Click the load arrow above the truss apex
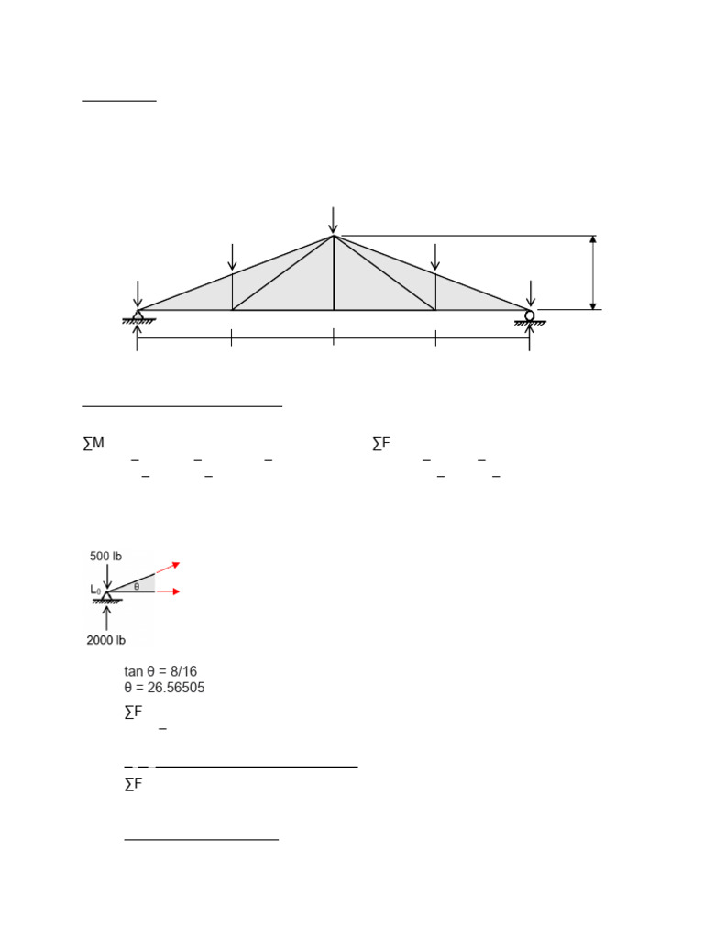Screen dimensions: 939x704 pyautogui.click(x=334, y=220)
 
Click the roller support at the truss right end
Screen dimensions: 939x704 pyautogui.click(x=530, y=316)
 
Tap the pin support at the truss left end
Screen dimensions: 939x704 pyautogui.click(x=137, y=316)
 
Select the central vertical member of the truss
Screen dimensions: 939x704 pyautogui.click(x=334, y=273)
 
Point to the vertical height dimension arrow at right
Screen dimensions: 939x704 pyautogui.click(x=593, y=272)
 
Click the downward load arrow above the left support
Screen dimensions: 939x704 pyautogui.click(x=137, y=294)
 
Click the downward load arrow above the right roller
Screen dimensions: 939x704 pyautogui.click(x=530, y=294)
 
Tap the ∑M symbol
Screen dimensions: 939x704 pyautogui.click(x=93, y=444)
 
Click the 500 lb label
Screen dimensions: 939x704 pyautogui.click(x=105, y=556)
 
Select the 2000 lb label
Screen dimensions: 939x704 pyautogui.click(x=106, y=640)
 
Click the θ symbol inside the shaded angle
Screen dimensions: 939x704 pyautogui.click(x=137, y=585)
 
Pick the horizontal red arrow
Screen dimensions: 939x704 pyautogui.click(x=168, y=591)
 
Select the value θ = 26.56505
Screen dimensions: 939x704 pyautogui.click(x=164, y=688)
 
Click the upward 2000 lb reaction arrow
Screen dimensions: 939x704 pyautogui.click(x=107, y=617)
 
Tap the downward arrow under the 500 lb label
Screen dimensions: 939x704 pyautogui.click(x=107, y=576)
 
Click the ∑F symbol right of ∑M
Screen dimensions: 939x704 pyautogui.click(x=381, y=444)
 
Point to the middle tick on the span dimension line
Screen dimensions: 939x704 pyautogui.click(x=334, y=338)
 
